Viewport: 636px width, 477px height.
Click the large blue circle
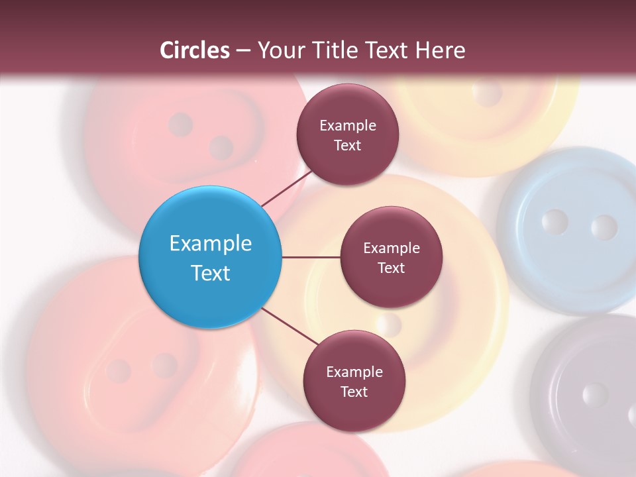tap(210, 257)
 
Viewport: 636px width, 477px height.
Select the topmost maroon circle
tap(347, 134)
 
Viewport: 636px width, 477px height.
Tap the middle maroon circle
tap(391, 257)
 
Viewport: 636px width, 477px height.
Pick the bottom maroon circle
tap(354, 381)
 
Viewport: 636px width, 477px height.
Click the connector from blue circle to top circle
tap(286, 188)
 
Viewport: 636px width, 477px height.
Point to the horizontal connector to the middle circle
tap(311, 257)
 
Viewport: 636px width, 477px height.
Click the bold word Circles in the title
tap(195, 50)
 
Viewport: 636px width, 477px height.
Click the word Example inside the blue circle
tap(210, 243)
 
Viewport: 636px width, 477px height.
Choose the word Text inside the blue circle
tap(210, 272)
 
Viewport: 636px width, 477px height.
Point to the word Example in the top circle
tap(347, 125)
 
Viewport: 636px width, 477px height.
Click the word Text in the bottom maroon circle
tap(354, 392)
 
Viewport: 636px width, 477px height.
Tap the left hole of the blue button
tap(555, 222)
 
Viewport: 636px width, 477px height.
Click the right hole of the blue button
tap(604, 227)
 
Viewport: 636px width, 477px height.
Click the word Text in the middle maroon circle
tap(391, 268)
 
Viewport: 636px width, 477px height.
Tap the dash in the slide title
tap(243, 50)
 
